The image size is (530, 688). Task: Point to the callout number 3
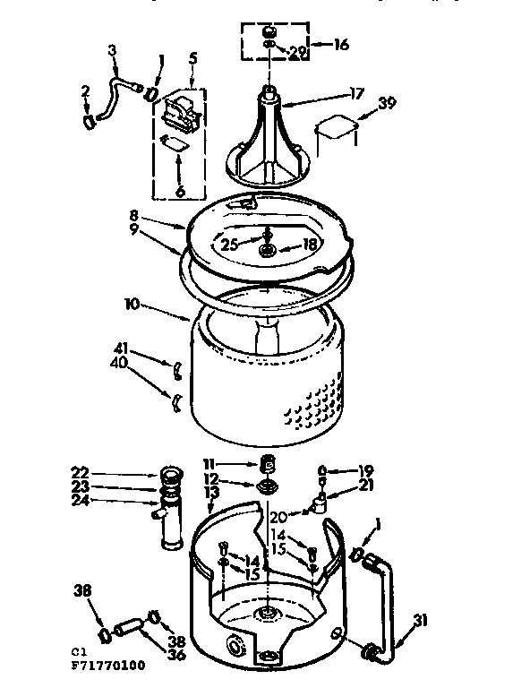112,50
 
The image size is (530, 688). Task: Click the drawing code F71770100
107,667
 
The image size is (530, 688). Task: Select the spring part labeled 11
265,465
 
